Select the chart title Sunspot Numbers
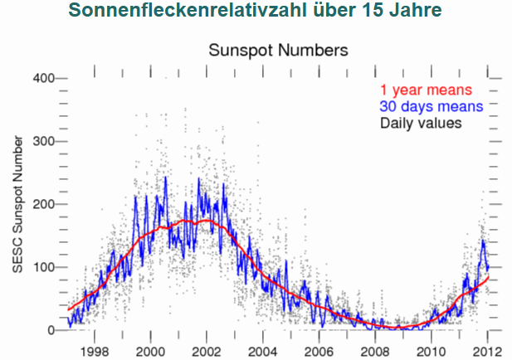(277, 50)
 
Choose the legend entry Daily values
(421, 123)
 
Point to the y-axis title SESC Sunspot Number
(18, 204)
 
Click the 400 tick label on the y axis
(43, 78)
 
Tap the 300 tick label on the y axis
(43, 141)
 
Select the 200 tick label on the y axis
(43, 204)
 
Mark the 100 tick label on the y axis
(43, 267)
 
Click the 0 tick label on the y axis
(50, 330)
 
